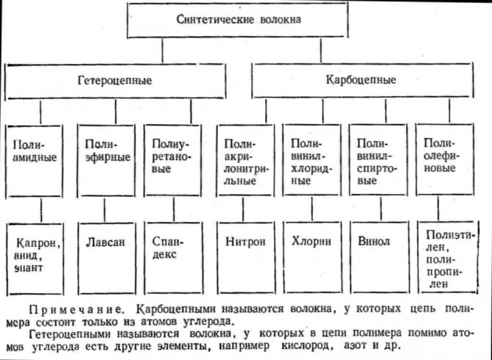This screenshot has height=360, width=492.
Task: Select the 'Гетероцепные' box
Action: (115, 79)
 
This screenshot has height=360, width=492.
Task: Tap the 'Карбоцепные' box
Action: (371, 79)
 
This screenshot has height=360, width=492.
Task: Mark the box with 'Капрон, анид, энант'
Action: (40, 253)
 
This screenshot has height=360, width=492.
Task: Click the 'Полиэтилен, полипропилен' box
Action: (446, 253)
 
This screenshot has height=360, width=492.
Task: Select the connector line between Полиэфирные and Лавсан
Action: (107, 209)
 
